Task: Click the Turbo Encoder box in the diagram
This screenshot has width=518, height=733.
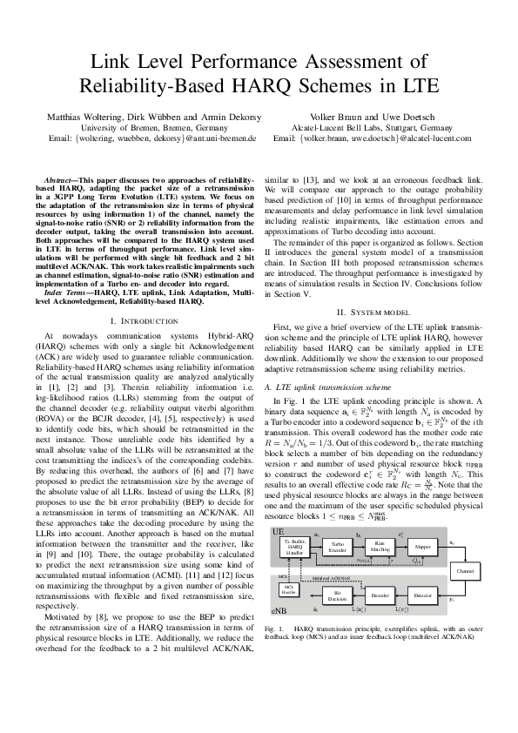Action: pos(338,546)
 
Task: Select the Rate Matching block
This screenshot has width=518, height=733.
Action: pos(380,547)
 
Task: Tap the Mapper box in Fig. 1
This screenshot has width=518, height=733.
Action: pos(424,547)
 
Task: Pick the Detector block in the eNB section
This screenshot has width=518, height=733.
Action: pos(424,595)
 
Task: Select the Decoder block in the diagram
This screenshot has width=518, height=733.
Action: pos(380,595)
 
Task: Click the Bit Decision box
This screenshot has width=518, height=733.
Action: pos(337,595)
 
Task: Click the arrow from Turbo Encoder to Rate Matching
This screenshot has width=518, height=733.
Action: pos(359,546)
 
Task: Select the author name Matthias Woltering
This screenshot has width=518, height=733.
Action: pos(83,116)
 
